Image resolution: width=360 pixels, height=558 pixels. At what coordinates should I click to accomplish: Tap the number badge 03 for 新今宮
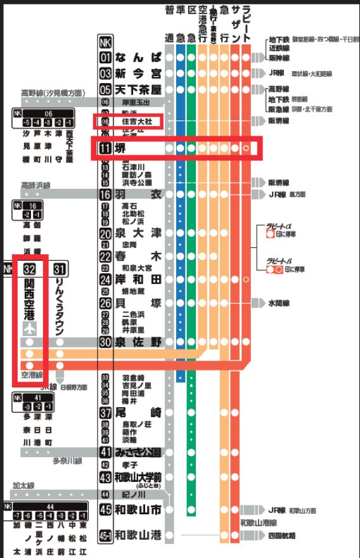point(106,74)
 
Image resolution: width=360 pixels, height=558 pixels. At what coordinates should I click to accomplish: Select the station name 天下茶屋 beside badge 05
point(138,89)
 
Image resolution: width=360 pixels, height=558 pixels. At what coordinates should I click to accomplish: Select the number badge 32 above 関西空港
point(29,269)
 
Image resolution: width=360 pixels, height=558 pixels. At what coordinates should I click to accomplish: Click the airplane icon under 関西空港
point(29,328)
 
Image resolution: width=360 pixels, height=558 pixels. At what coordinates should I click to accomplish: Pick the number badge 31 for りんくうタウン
point(60,269)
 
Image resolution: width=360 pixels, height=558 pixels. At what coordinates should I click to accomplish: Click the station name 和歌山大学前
point(138,477)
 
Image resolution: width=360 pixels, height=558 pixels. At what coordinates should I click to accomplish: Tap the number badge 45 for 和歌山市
point(106,510)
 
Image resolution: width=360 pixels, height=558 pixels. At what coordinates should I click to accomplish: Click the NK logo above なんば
point(106,42)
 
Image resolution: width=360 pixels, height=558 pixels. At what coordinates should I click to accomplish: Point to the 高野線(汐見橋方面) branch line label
point(53,93)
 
